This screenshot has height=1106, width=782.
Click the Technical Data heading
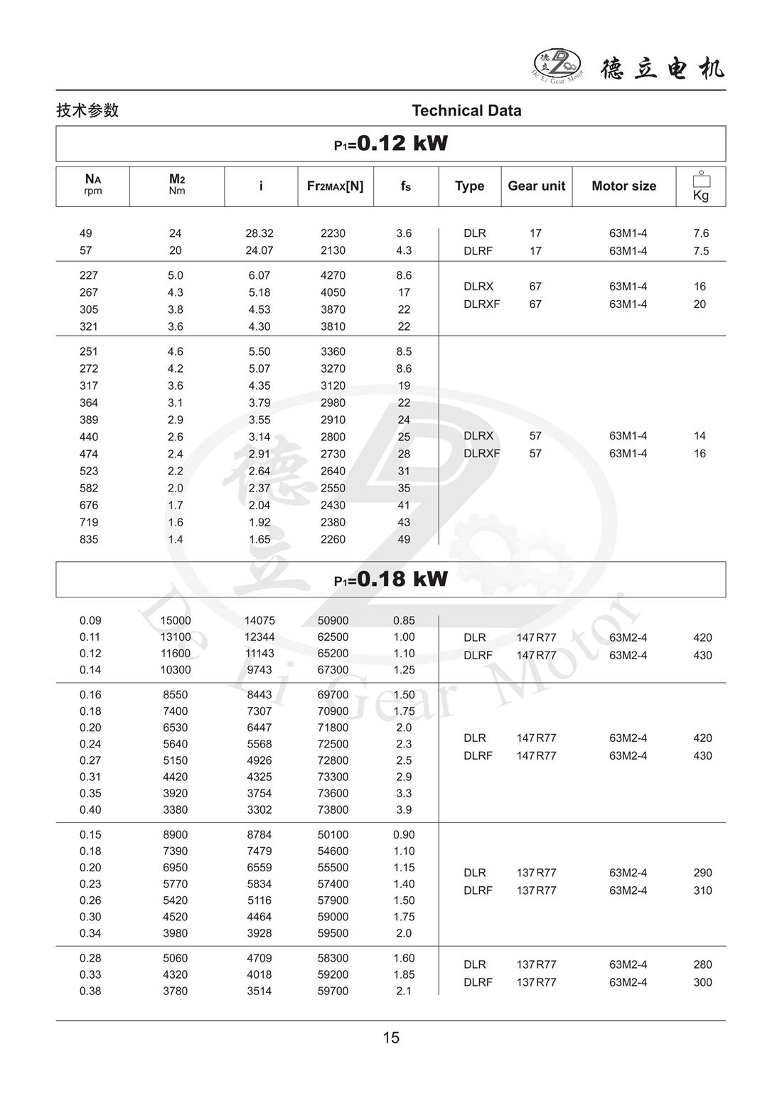tap(466, 110)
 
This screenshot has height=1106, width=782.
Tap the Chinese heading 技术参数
tap(87, 110)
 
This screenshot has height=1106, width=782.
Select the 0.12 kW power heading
tap(391, 144)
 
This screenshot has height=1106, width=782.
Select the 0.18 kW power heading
tap(391, 579)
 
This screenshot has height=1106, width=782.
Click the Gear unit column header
tap(536, 186)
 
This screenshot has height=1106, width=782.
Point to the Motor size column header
tap(623, 186)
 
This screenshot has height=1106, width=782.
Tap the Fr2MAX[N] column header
tap(335, 186)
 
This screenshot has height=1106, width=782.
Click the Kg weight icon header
tap(701, 186)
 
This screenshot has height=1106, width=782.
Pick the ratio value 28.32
tap(259, 233)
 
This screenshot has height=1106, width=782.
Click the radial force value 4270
tap(333, 275)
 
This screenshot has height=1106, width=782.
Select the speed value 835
tap(89, 539)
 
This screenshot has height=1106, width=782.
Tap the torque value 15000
tap(176, 620)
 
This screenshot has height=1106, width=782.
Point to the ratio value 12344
tap(259, 637)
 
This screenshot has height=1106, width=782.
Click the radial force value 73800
tap(333, 809)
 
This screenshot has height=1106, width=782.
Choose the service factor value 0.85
tap(404, 620)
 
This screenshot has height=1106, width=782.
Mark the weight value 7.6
tap(701, 233)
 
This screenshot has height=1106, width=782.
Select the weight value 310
tap(702, 890)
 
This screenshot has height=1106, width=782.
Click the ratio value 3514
tap(259, 991)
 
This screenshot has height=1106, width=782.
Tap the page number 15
tap(391, 1038)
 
